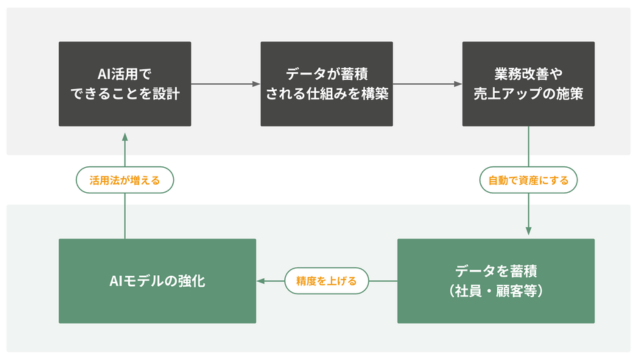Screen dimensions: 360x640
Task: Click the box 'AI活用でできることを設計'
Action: click(x=125, y=84)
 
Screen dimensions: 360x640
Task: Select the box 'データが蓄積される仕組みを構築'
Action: click(x=327, y=84)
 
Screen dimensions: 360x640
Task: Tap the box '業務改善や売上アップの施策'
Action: click(x=529, y=84)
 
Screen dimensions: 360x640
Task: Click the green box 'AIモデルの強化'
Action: click(x=157, y=281)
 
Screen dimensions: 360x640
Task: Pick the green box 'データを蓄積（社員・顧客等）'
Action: click(x=496, y=281)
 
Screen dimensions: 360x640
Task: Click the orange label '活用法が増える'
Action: click(x=125, y=181)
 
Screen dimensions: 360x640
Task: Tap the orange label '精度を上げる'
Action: click(x=326, y=281)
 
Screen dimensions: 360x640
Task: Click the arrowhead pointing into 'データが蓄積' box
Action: click(x=256, y=84)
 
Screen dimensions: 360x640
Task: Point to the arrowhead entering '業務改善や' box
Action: click(x=458, y=84)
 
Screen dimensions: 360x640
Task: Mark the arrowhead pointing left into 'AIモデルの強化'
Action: click(x=261, y=281)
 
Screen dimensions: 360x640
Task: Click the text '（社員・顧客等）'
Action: click(x=496, y=292)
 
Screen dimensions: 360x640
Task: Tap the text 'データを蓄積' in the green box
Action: click(x=496, y=271)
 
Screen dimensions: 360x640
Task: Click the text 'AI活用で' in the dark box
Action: click(x=125, y=74)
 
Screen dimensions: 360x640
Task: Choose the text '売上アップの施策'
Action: click(x=529, y=95)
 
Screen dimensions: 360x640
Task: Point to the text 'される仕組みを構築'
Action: click(x=327, y=95)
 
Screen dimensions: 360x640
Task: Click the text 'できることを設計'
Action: click(x=125, y=95)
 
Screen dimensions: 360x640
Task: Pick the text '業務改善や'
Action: click(x=529, y=74)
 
